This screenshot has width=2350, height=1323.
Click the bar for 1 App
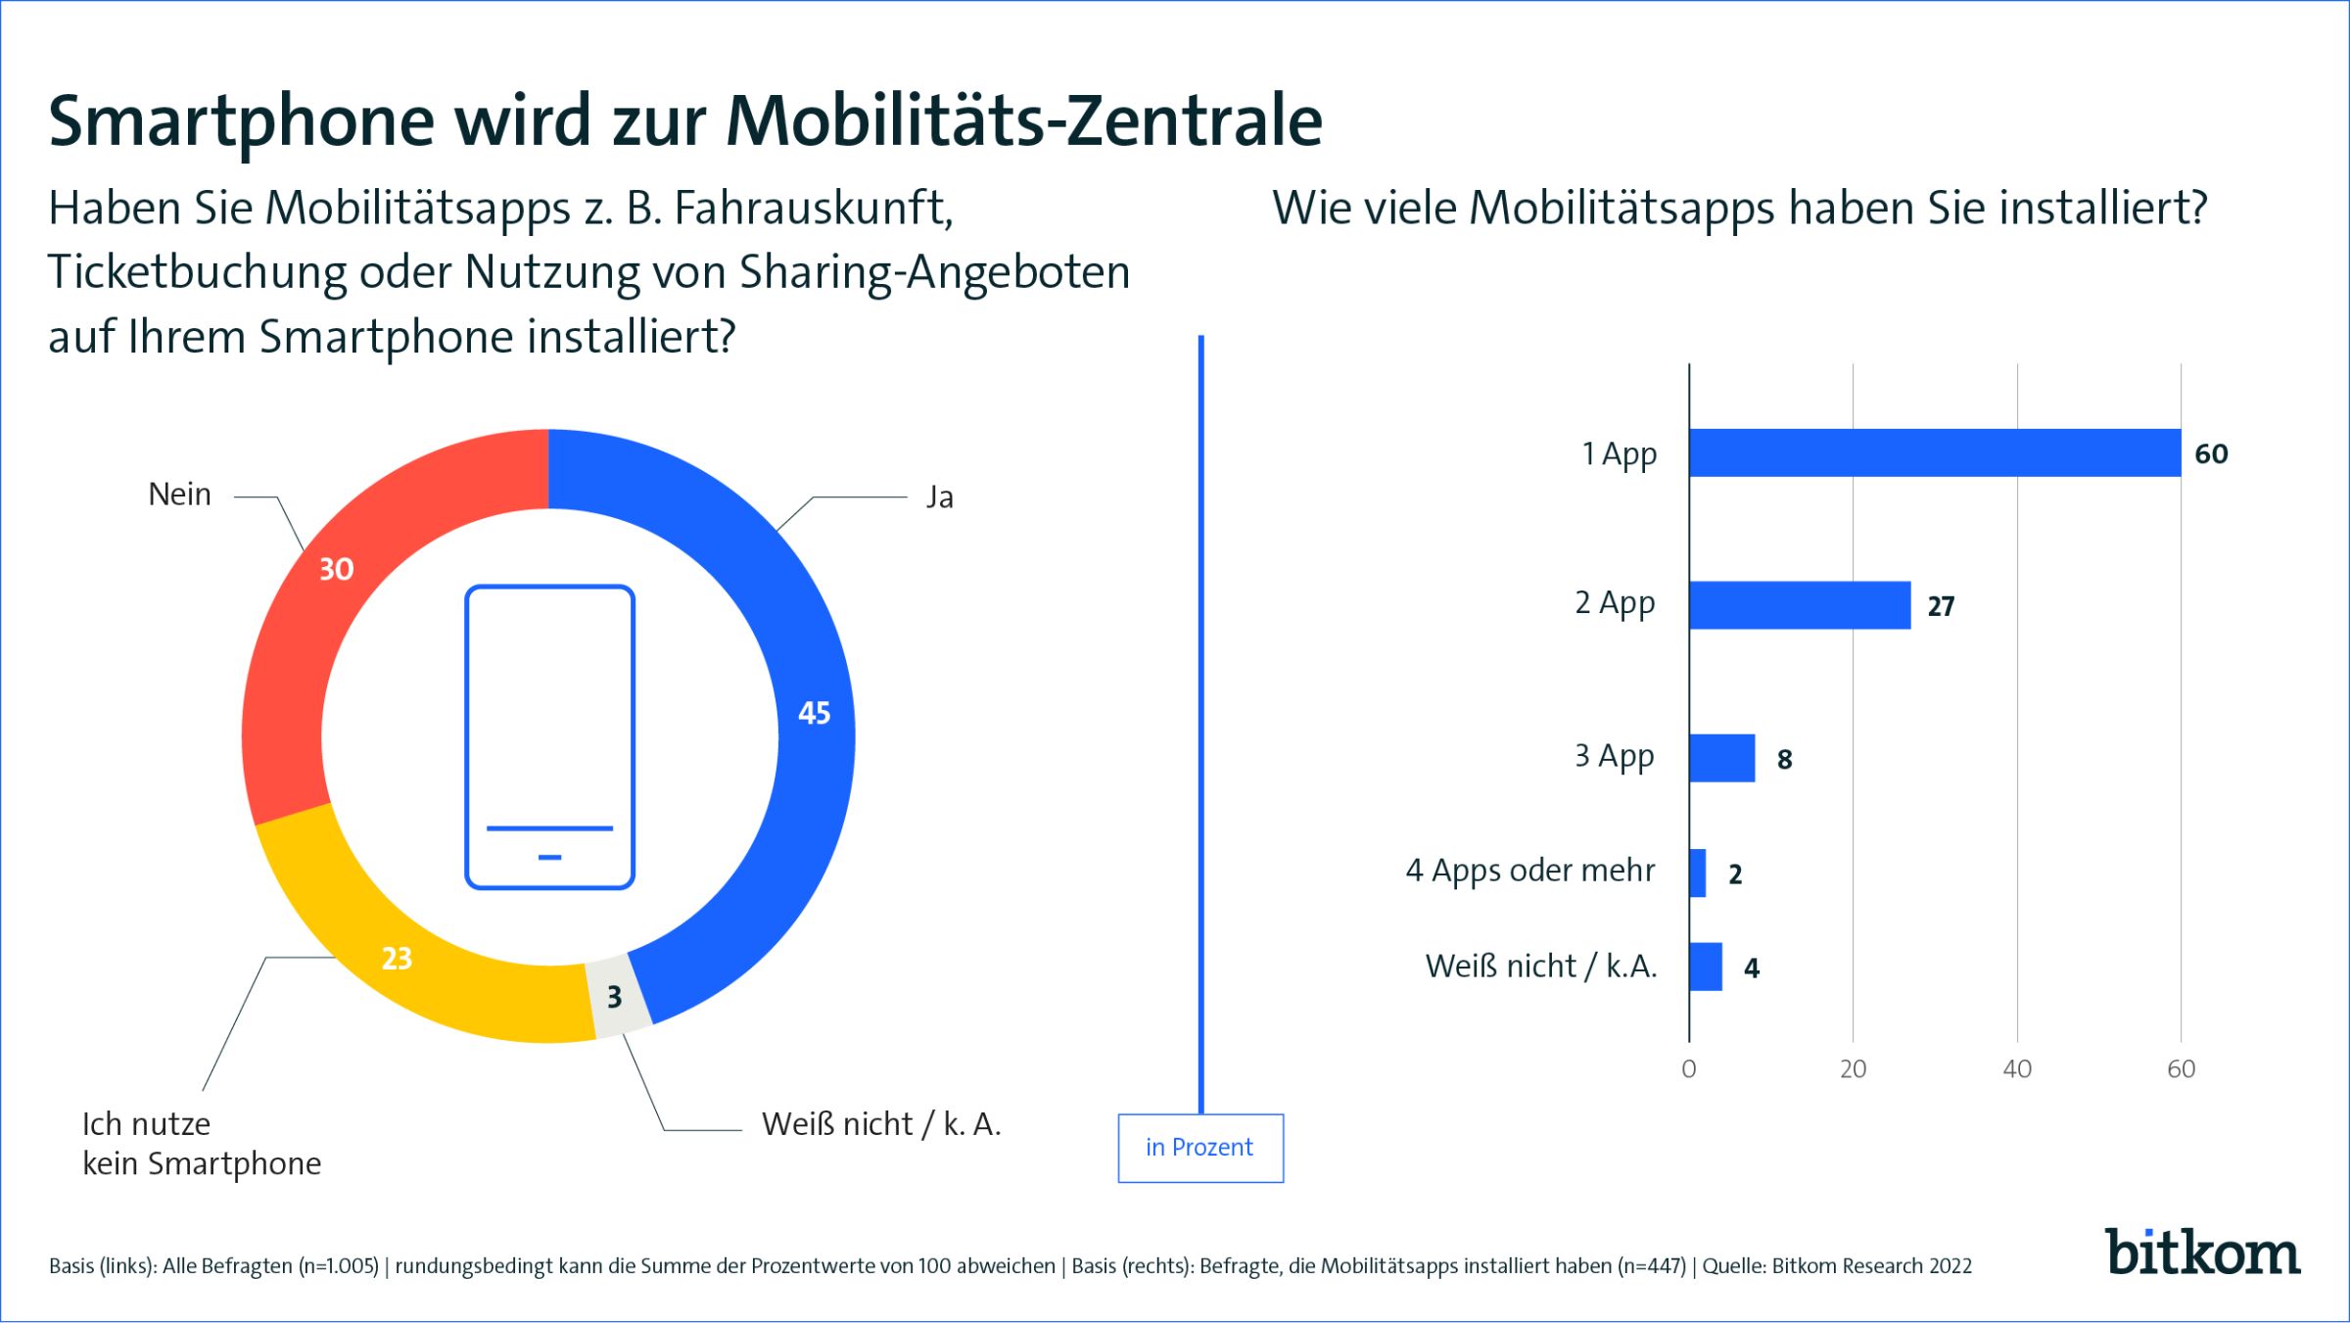(1934, 452)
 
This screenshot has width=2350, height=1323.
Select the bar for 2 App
(1799, 605)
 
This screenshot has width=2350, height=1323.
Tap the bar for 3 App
(1721, 758)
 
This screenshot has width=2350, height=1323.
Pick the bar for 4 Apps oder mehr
(1698, 873)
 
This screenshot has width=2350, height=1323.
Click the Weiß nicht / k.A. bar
(1706, 967)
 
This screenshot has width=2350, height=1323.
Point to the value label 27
(1941, 606)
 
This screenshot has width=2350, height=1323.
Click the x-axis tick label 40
(2016, 1068)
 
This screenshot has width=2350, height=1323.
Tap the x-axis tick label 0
(1688, 1068)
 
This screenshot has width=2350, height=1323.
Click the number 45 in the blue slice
(814, 713)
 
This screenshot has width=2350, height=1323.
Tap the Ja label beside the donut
(939, 497)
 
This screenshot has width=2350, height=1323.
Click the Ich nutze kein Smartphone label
(201, 1144)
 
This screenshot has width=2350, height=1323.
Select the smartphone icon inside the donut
(549, 736)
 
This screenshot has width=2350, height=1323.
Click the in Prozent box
(1199, 1148)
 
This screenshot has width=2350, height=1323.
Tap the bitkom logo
(2202, 1252)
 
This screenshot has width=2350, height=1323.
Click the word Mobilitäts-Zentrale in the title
(1023, 120)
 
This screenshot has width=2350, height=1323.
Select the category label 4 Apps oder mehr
(1529, 871)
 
